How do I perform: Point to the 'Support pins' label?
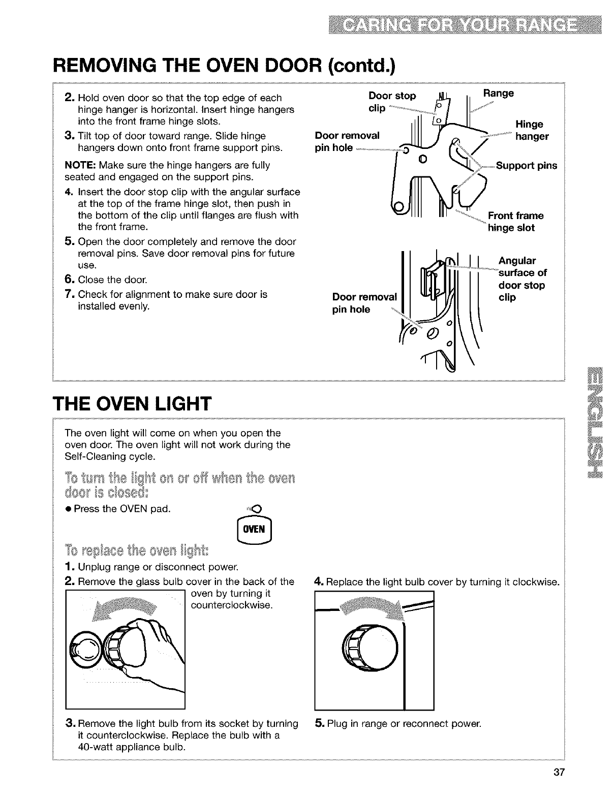click(x=527, y=166)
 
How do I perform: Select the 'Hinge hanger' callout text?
click(x=532, y=131)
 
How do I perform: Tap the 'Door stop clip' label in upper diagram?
click(x=391, y=102)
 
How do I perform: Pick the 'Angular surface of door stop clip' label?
click(x=522, y=279)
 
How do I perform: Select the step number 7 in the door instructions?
click(x=71, y=295)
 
